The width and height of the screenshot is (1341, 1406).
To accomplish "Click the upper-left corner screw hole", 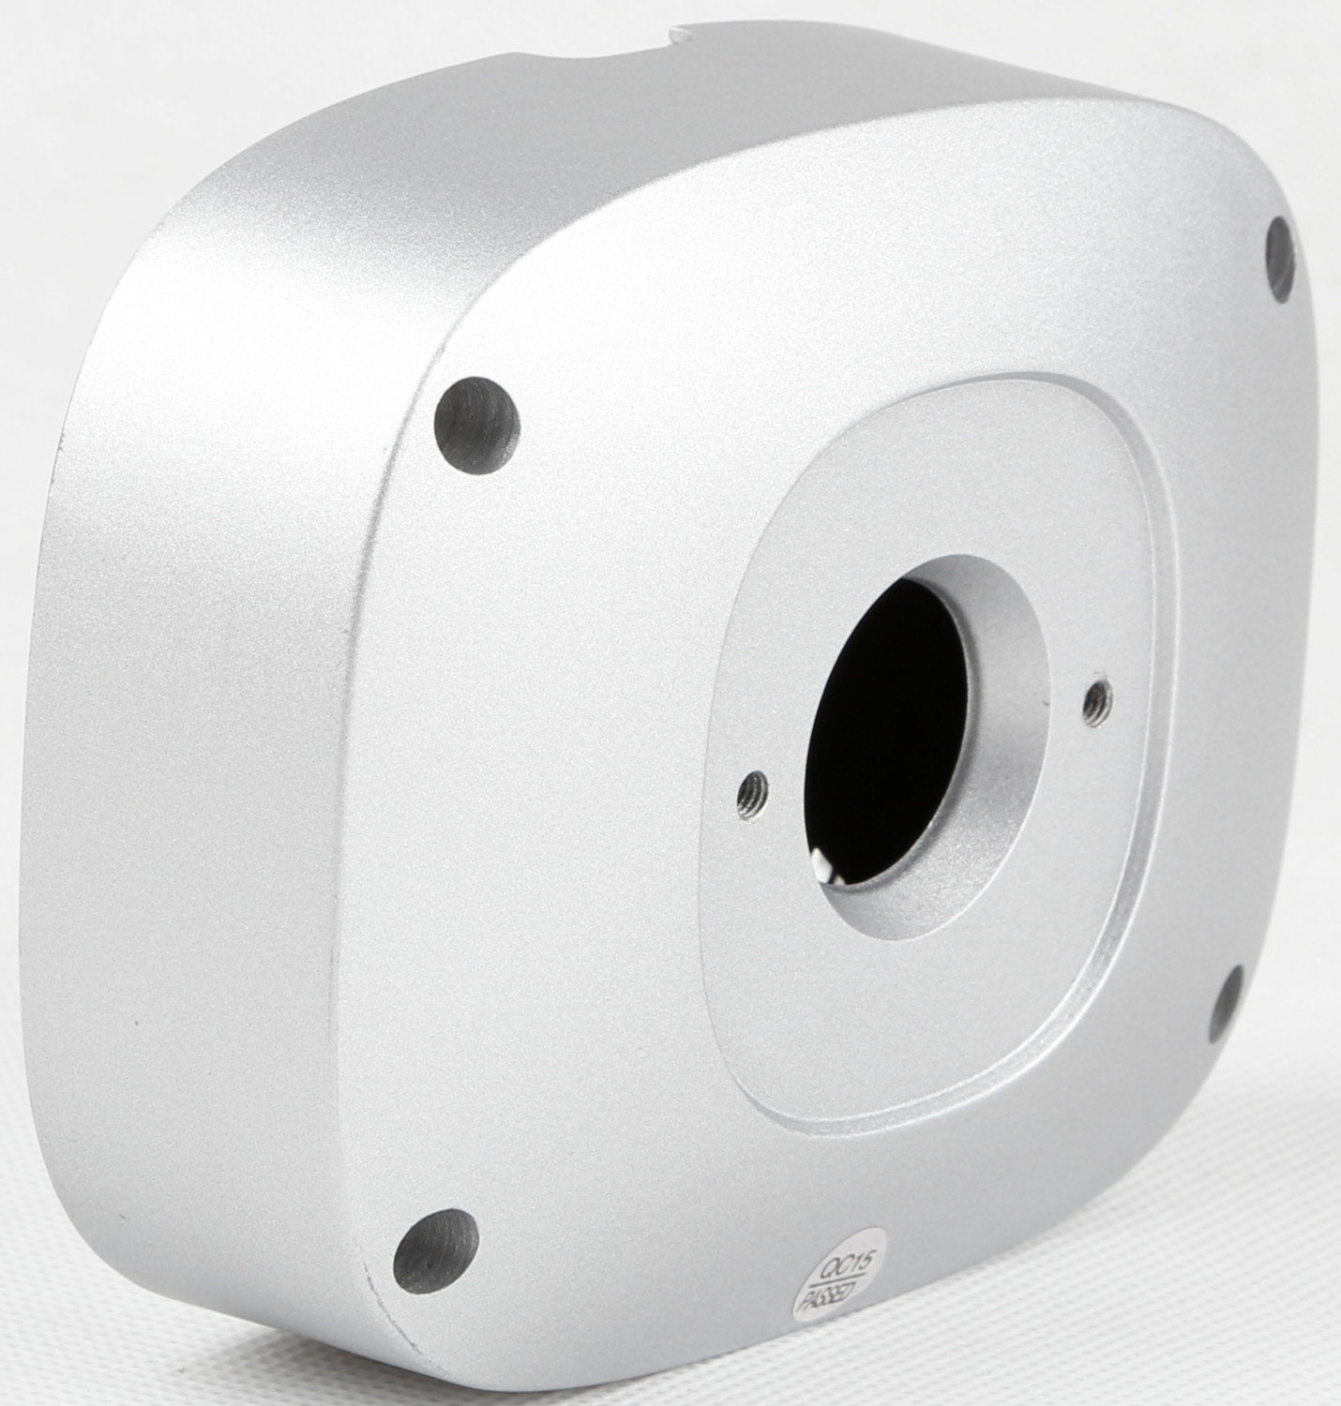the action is point(476,424).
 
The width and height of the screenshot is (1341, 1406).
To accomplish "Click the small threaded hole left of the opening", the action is point(754,795).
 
